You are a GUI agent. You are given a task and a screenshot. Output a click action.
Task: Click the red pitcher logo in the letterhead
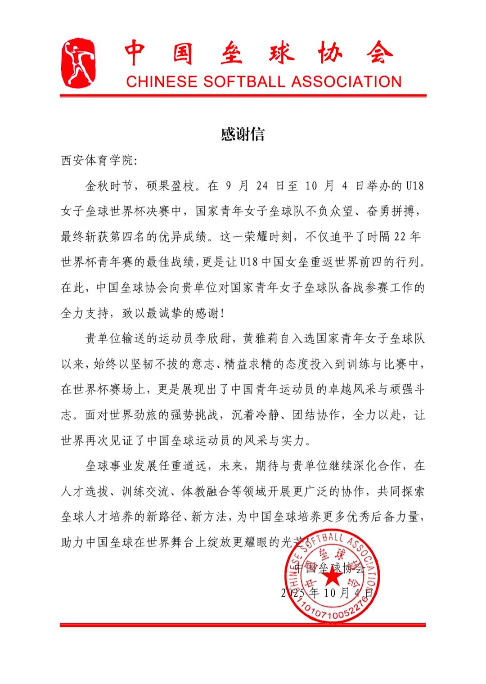[x=78, y=63]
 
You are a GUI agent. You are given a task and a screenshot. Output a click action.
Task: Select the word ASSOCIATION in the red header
[x=346, y=81]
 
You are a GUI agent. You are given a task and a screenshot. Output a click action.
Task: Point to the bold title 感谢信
[x=243, y=135]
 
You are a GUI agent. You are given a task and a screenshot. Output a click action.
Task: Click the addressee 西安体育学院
[x=97, y=160]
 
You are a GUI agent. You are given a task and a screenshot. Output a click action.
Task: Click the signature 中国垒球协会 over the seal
[x=330, y=567]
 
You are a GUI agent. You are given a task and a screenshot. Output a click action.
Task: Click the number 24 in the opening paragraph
[x=262, y=186]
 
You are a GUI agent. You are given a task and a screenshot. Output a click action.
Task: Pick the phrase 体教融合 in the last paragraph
[x=206, y=491]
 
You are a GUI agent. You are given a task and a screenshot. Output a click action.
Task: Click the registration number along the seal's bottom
[x=333, y=612]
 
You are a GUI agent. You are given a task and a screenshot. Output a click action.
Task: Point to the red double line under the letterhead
[x=243, y=95]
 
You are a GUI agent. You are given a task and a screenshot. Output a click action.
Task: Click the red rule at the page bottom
[x=243, y=625]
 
